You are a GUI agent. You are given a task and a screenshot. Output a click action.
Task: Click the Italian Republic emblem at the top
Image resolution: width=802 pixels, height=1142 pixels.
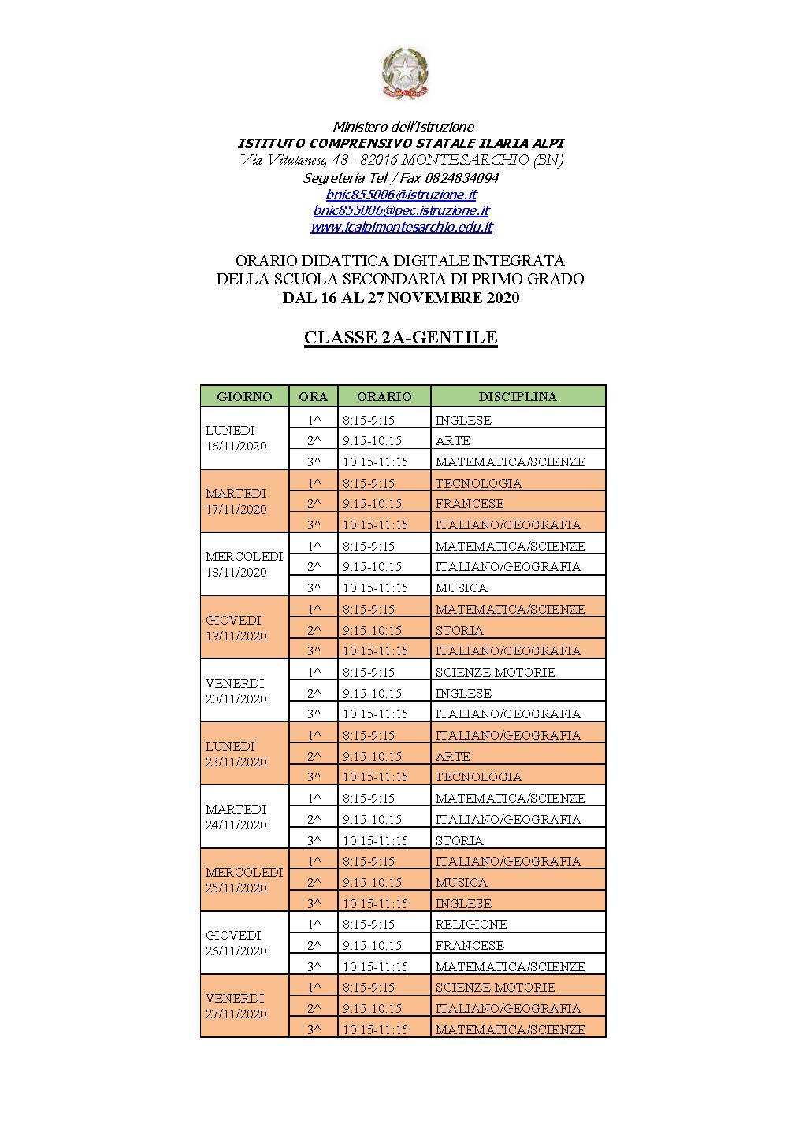(404, 73)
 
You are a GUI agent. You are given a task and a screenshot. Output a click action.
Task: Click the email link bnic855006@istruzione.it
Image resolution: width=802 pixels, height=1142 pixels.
(401, 194)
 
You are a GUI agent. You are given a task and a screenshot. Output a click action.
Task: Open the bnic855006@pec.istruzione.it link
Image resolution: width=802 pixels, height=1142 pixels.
(401, 210)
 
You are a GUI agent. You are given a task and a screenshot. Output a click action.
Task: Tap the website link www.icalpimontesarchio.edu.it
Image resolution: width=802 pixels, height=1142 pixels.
(401, 227)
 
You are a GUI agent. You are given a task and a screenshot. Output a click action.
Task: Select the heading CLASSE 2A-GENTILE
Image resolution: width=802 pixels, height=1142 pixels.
(401, 337)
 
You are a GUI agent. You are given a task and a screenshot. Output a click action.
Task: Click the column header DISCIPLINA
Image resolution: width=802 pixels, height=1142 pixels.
(518, 396)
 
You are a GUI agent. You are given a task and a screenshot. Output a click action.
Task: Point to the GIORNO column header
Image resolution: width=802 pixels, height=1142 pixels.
(244, 396)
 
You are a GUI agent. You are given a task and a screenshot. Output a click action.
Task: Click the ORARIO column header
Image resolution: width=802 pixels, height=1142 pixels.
(384, 396)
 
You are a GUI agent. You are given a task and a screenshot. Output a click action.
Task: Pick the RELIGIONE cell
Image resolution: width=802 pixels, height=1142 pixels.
(471, 924)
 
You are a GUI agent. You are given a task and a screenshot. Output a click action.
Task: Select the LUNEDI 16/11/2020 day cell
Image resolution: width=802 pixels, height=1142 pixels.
(236, 438)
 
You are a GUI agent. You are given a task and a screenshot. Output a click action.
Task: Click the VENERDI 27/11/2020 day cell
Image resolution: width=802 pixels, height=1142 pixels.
(236, 1006)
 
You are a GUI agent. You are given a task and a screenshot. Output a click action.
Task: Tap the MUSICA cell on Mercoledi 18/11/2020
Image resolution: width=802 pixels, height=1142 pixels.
(461, 588)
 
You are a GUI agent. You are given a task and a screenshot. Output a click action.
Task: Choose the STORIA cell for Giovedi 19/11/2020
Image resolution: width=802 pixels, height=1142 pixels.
(459, 630)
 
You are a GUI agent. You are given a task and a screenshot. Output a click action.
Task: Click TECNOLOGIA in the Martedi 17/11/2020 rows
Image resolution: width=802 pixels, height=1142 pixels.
(478, 483)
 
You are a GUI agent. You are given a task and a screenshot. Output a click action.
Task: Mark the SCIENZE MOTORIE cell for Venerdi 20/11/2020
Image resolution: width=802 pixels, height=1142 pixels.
(495, 672)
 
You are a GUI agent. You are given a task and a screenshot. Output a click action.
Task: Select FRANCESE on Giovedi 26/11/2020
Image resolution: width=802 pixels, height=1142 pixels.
(470, 945)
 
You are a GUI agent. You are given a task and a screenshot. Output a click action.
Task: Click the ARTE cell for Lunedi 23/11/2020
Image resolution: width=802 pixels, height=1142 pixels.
(452, 756)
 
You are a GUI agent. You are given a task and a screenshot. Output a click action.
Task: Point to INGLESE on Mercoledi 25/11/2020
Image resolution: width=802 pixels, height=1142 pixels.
(463, 903)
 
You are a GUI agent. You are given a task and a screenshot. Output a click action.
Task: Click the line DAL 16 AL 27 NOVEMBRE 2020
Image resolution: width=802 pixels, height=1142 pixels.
(401, 298)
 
